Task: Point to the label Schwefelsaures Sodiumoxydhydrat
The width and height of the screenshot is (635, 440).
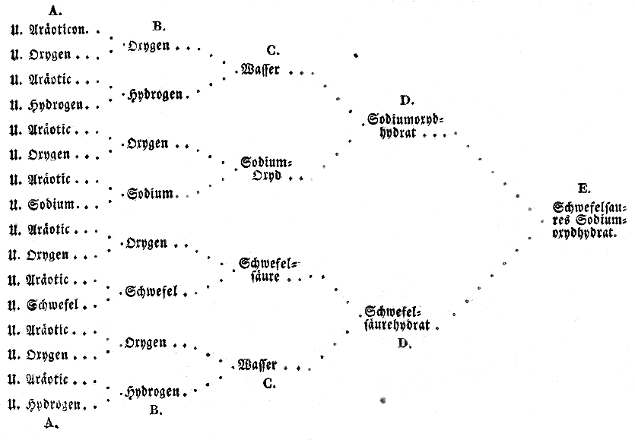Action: coord(589,220)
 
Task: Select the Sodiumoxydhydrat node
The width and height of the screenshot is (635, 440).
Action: coord(404,126)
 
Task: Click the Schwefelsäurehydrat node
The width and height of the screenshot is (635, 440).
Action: coord(398,318)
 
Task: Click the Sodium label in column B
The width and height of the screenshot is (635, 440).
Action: coord(150,194)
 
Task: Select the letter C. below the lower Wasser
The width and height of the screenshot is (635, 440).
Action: coord(268,384)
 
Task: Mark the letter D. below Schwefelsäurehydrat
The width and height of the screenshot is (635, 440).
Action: coord(403,343)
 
